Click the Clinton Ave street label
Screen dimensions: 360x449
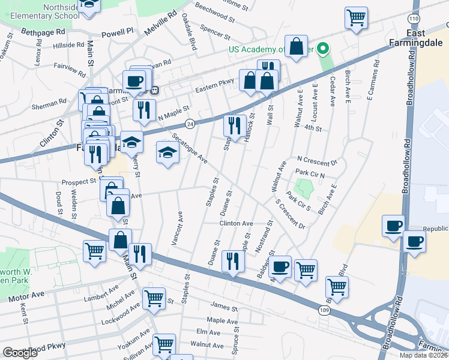[x=236, y=223]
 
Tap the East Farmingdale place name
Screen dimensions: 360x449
[x=424, y=38]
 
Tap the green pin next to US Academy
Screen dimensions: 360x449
[x=322, y=49]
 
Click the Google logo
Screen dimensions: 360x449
[x=20, y=353]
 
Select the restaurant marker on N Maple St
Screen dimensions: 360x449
[x=144, y=109]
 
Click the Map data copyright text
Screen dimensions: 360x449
[x=424, y=355]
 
